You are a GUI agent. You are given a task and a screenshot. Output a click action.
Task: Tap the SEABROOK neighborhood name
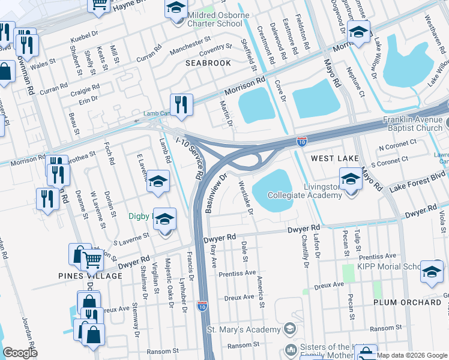[x=208, y=63]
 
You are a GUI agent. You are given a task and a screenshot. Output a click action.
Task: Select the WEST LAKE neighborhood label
[x=335, y=158]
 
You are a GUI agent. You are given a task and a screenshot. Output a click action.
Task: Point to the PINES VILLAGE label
[x=91, y=276]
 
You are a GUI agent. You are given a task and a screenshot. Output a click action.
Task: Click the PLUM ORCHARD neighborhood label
[x=408, y=302]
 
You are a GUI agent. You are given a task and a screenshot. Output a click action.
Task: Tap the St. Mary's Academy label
[x=244, y=329]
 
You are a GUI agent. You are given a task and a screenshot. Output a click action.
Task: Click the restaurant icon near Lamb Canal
[x=181, y=104]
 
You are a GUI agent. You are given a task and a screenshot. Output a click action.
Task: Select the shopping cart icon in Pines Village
[x=92, y=260]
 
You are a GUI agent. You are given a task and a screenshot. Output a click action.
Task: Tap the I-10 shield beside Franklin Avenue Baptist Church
[x=303, y=142]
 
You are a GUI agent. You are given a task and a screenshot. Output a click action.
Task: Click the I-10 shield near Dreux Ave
[x=203, y=306]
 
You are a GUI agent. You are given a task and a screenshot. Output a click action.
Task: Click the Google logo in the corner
[x=20, y=353]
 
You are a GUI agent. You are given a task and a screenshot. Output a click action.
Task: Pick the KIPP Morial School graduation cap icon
[x=432, y=271]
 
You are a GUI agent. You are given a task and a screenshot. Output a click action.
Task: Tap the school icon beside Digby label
[x=166, y=220]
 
